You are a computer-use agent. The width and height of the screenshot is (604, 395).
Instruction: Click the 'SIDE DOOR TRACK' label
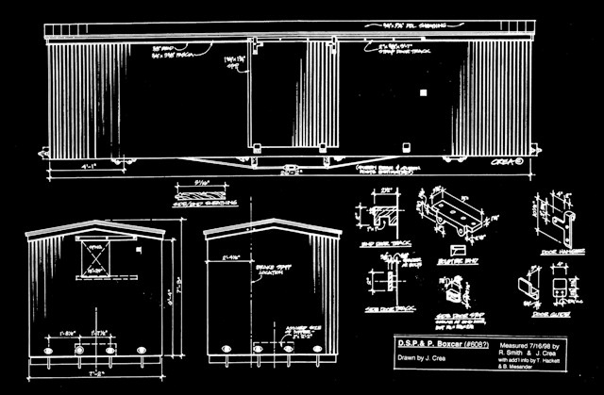coord(389,308)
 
